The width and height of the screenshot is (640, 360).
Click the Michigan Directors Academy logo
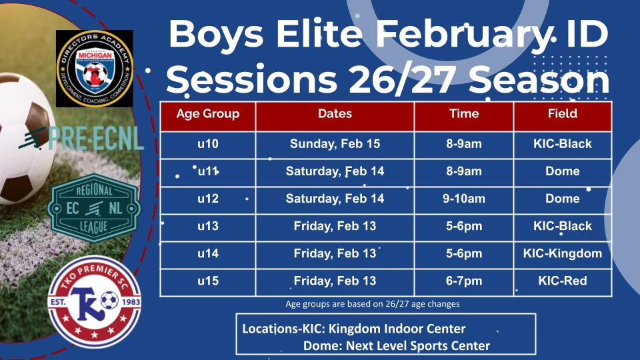coord(94,69)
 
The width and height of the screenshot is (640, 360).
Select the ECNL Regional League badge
coord(95,207)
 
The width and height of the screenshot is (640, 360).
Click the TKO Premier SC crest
coord(93,301)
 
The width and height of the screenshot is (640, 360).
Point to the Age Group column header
coord(207,113)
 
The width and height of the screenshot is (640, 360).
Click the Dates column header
coord(335,113)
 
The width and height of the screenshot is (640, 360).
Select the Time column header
coord(464,113)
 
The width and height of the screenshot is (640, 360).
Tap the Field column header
coord(562,113)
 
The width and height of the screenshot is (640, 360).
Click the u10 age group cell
coord(207,144)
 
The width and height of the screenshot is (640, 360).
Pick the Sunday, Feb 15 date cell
coord(335,144)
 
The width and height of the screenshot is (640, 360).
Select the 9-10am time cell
coord(464,199)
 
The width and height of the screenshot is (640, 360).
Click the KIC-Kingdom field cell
coord(562,253)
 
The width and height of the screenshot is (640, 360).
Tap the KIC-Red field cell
coord(562,281)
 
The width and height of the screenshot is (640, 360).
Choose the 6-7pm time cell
coord(464,281)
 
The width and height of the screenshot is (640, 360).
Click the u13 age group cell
coord(207,226)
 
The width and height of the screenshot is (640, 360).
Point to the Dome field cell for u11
coord(562,171)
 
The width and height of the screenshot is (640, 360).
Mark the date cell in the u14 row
coord(335,253)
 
